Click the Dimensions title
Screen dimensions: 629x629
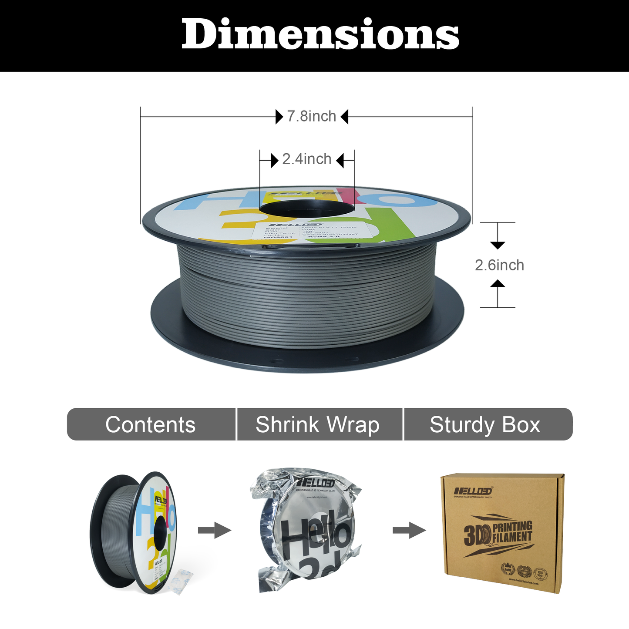pyautogui.click(x=320, y=35)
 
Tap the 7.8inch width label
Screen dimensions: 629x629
pyautogui.click(x=311, y=117)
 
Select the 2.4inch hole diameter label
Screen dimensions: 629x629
pyautogui.click(x=307, y=159)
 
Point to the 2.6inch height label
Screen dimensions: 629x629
pyautogui.click(x=499, y=265)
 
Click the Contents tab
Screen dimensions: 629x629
pyautogui.click(x=151, y=424)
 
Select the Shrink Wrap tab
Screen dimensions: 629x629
pyautogui.click(x=317, y=424)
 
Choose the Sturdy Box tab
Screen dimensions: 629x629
pyautogui.click(x=485, y=424)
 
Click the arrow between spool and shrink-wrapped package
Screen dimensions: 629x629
pyautogui.click(x=214, y=530)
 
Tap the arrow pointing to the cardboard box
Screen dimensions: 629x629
pyautogui.click(x=409, y=530)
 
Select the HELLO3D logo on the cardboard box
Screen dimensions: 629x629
pyautogui.click(x=473, y=491)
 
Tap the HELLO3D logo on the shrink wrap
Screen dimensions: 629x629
pyautogui.click(x=316, y=483)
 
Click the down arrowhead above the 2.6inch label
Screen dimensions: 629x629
pyautogui.click(x=498, y=245)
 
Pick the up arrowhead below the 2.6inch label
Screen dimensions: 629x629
pyautogui.click(x=498, y=284)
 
